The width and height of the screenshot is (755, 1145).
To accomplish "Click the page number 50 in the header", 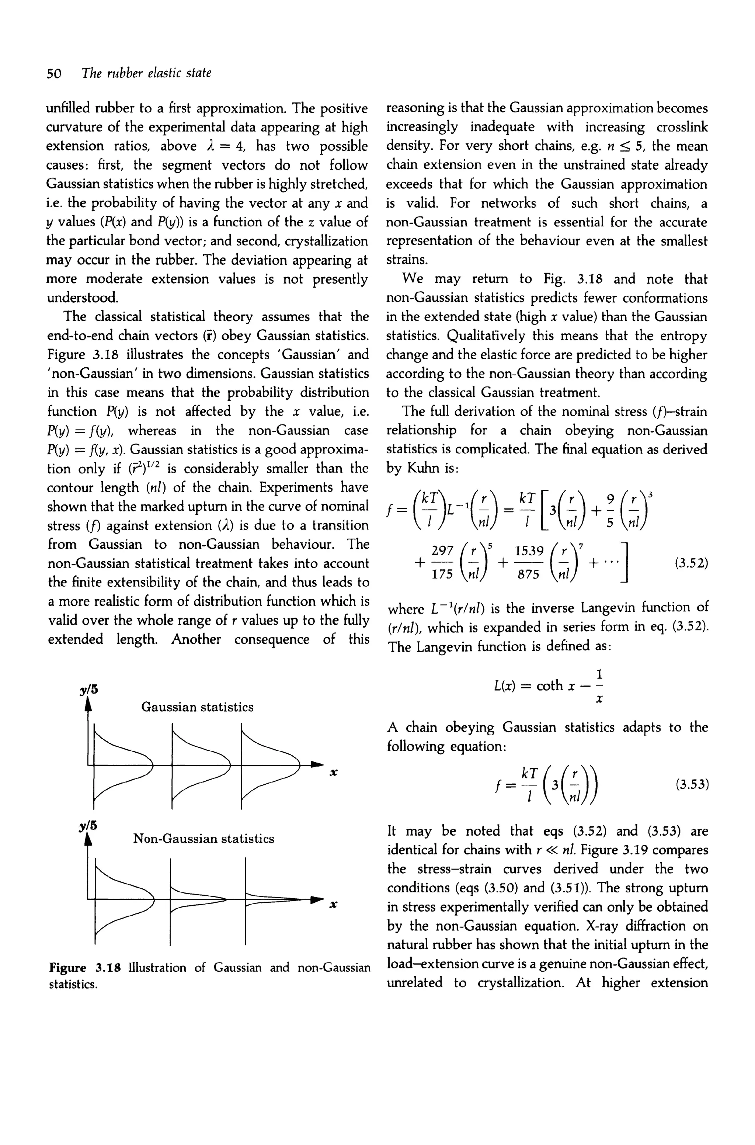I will pyautogui.click(x=53, y=74).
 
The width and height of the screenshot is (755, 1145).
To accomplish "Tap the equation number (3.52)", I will pyautogui.click(x=692, y=562).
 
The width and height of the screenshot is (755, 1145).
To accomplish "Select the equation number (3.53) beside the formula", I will pyautogui.click(x=692, y=784).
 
